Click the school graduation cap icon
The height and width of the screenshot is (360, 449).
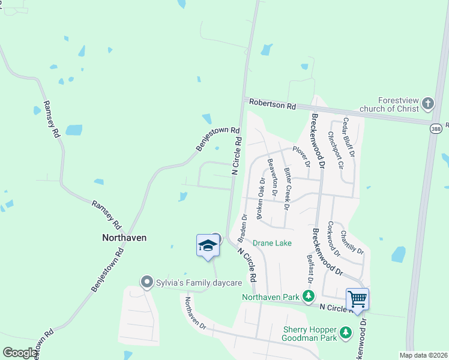point(208,246)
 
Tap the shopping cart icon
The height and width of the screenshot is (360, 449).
point(357,298)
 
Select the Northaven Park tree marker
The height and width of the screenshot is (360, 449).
point(309,296)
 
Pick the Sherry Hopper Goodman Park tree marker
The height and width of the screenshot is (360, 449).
point(345,332)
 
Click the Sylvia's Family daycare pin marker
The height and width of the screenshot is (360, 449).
point(146,282)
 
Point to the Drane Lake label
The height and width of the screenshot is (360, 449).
point(272,243)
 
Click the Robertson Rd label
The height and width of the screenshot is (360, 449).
point(274,106)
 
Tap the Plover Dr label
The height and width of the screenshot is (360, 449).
point(301,156)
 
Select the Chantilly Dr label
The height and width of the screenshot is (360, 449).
point(352,242)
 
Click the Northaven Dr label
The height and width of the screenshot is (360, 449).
point(195,314)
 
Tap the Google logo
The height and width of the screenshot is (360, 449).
point(20,353)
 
